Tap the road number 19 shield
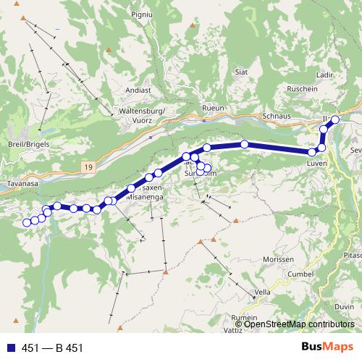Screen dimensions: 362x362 88,167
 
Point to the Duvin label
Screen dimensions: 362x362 345,306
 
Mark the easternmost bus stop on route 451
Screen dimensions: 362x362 335,119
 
